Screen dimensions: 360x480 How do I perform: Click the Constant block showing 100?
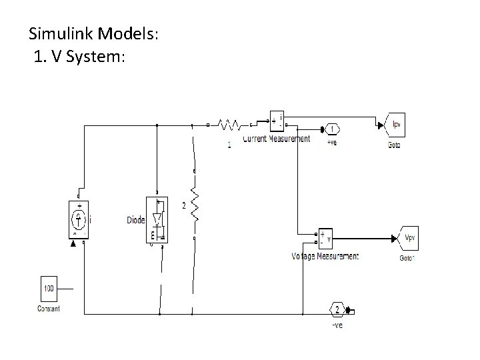(x=49, y=288)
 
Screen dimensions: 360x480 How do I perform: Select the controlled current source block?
(x=79, y=218)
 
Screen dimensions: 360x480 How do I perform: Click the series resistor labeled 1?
(x=229, y=125)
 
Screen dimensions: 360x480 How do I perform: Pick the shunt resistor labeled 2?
(x=194, y=205)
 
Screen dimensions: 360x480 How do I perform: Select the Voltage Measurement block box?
(x=325, y=238)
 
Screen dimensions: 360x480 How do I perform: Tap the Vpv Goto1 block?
(x=408, y=237)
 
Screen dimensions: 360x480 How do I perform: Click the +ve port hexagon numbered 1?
(x=331, y=129)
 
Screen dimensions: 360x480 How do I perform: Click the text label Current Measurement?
(x=276, y=139)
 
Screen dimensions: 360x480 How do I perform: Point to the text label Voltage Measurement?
(x=325, y=256)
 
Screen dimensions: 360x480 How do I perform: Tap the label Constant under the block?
(x=49, y=308)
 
